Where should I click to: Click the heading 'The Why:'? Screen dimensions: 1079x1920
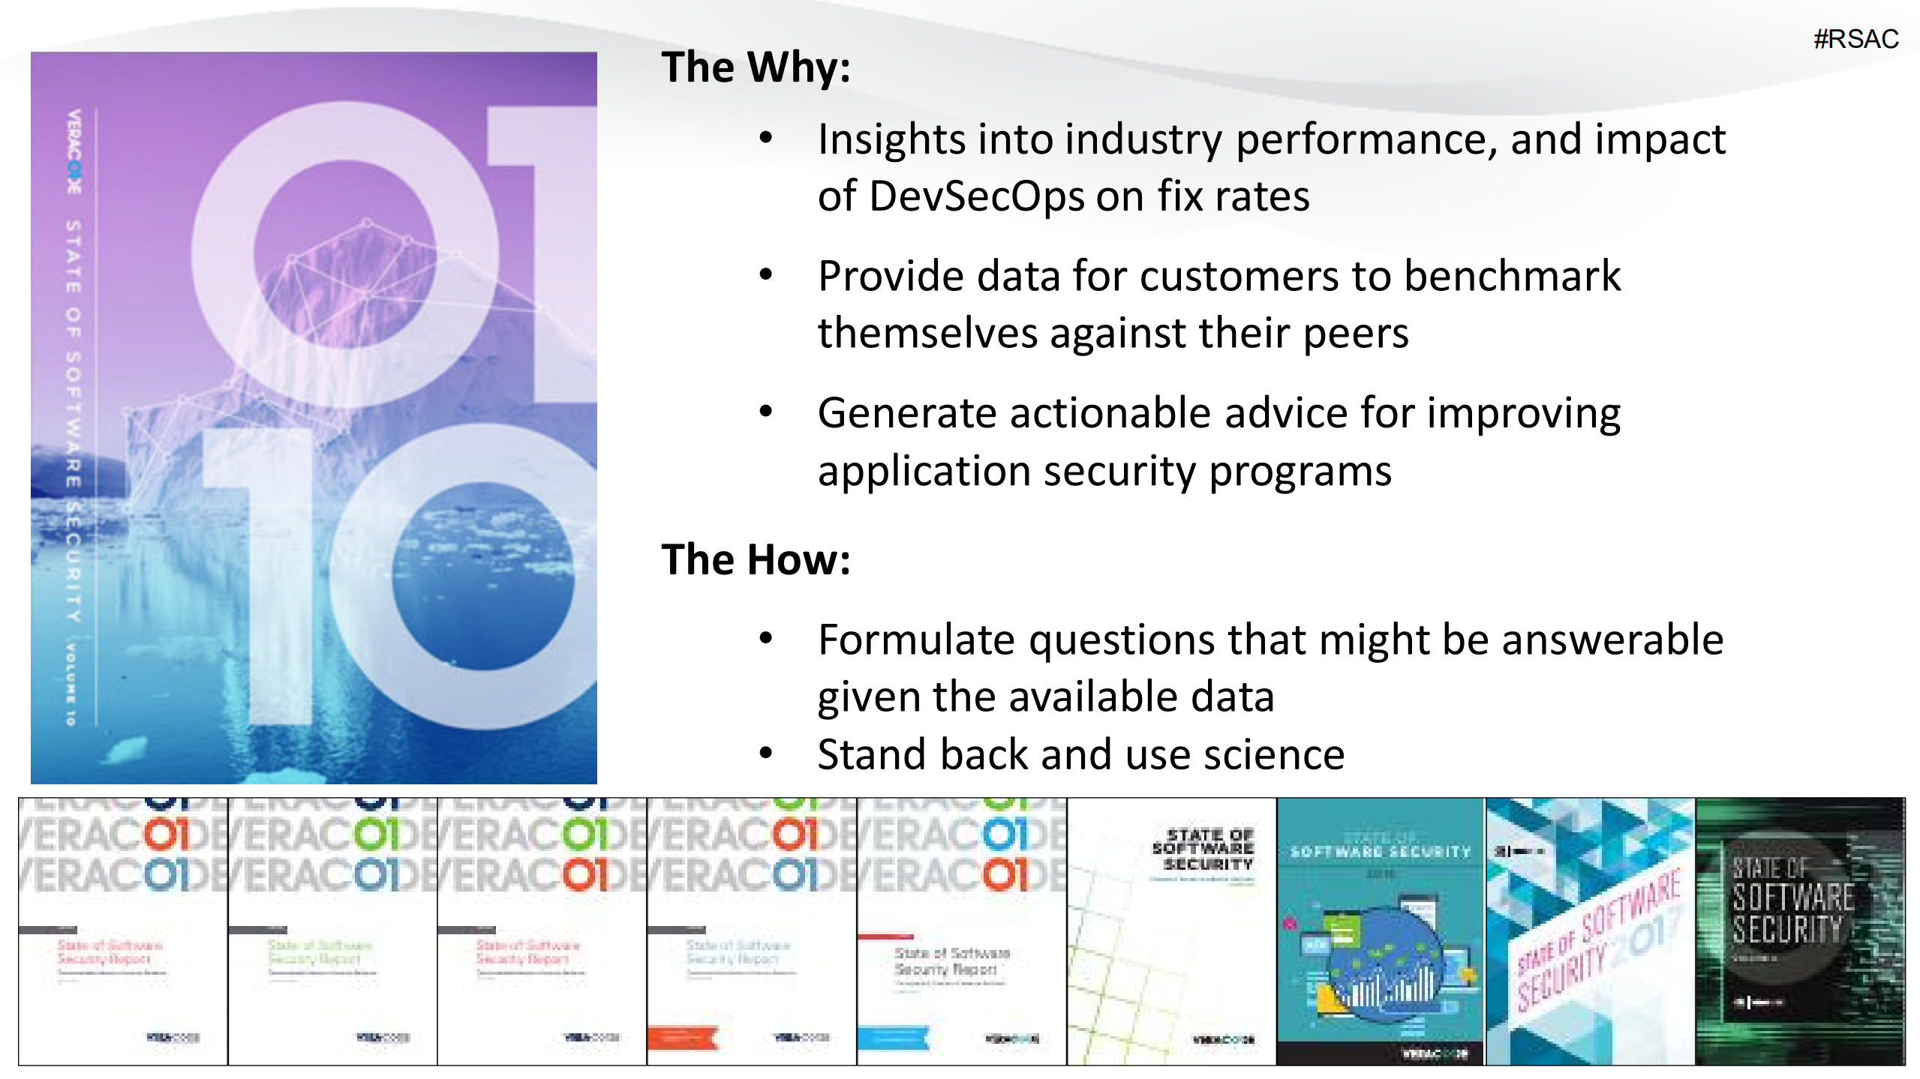(x=756, y=67)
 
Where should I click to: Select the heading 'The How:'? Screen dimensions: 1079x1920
(x=756, y=560)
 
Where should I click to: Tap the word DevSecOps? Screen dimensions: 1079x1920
(x=976, y=196)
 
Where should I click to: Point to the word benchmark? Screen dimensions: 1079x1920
(x=1512, y=276)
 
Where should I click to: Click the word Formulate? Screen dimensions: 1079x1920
(x=917, y=640)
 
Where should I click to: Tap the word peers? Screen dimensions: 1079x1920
(x=1356, y=333)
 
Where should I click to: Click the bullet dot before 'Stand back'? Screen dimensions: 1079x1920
(x=765, y=753)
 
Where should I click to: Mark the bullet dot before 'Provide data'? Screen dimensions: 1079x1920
(x=765, y=274)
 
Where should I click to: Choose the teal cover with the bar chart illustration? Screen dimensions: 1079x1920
(x=1380, y=931)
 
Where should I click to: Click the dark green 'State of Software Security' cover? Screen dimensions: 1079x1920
(x=1799, y=931)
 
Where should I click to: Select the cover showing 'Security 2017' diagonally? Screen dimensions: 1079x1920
(x=1589, y=931)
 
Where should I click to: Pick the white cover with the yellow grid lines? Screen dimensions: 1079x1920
(x=1170, y=931)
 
